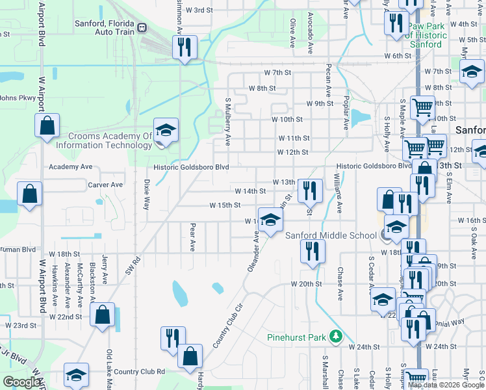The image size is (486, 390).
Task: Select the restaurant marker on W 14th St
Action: tap(310, 190)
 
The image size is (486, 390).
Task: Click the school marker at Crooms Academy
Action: tap(165, 129)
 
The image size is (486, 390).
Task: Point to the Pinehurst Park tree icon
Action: tap(336, 336)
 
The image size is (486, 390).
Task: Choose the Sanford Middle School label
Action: tap(331, 235)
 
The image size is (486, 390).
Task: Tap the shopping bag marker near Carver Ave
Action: tap(29, 194)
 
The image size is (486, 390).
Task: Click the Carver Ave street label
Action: tap(105, 185)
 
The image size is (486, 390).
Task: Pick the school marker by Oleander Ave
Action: tap(270, 220)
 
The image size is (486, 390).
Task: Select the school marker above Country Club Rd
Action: tap(76, 374)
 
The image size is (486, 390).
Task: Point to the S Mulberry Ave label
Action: tap(228, 122)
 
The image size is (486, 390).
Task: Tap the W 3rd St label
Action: tap(199, 10)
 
